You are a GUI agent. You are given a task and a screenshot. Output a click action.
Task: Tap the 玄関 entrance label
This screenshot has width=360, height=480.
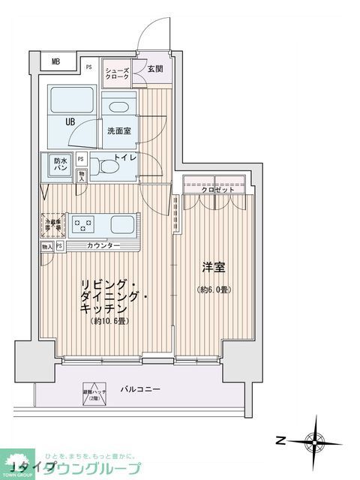tap(155, 69)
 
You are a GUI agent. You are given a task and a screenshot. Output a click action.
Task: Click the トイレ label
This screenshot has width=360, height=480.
tap(125, 157)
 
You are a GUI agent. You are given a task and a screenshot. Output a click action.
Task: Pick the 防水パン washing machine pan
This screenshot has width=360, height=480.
tap(60, 163)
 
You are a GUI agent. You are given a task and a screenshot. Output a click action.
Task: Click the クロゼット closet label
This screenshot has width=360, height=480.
tap(217, 190)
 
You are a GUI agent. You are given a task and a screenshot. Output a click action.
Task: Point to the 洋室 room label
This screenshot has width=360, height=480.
tap(214, 267)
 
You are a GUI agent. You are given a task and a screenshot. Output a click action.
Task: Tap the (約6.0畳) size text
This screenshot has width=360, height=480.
tap(214, 289)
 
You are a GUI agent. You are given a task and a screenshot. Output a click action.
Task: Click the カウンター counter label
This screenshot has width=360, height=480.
tap(103, 246)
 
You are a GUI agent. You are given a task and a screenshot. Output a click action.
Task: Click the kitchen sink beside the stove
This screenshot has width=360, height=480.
tap(123, 223)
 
